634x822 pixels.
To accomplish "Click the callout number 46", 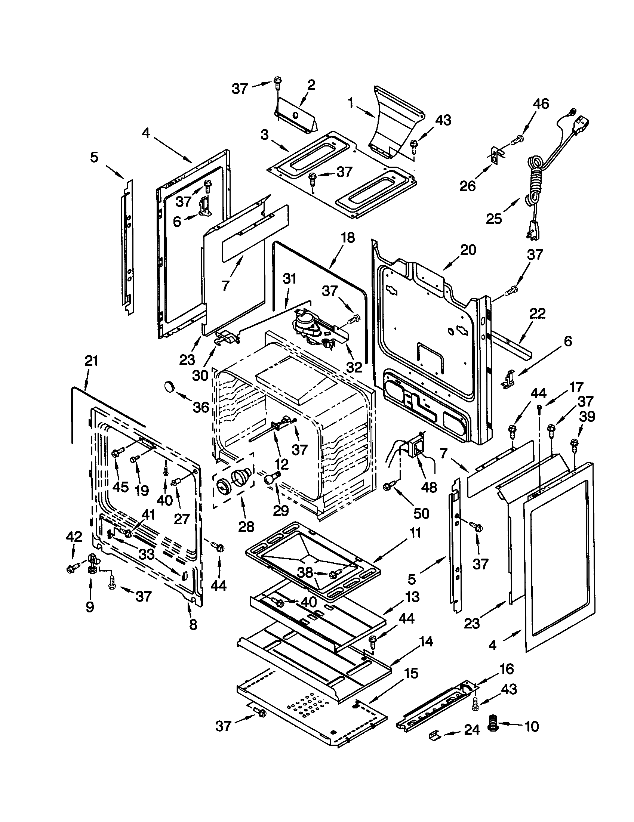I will pyautogui.click(x=541, y=104).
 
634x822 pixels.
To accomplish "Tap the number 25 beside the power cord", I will pyautogui.click(x=494, y=219).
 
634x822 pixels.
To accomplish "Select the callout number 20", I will pyautogui.click(x=468, y=250).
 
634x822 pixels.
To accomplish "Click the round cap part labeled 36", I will pyautogui.click(x=170, y=387).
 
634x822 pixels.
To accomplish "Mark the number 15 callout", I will pyautogui.click(x=412, y=673).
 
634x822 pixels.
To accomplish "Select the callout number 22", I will pyautogui.click(x=537, y=313).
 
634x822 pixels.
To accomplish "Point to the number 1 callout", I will pyautogui.click(x=351, y=103).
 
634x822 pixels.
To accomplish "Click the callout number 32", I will pyautogui.click(x=354, y=367).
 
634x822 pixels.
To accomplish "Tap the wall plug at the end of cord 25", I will pyautogui.click(x=534, y=229).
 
